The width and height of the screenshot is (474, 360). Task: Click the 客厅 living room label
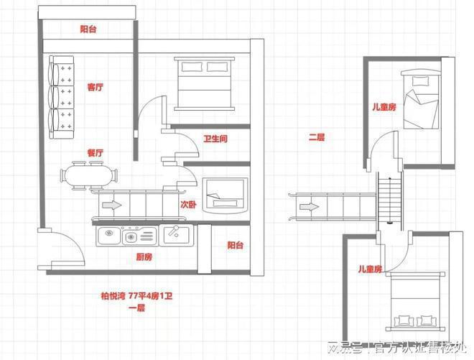tap(96, 87)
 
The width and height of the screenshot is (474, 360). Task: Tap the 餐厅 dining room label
tap(96, 153)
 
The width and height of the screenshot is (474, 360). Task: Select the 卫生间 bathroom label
tap(215, 139)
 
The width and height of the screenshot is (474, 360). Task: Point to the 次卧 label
tap(188, 205)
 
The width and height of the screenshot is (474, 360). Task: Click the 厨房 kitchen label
tap(144, 257)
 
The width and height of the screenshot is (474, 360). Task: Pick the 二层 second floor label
tap(317, 138)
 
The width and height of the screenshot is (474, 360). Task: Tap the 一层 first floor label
tap(136, 308)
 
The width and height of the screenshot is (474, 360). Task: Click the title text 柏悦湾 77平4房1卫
tap(136, 295)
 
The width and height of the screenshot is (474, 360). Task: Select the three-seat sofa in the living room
tap(61, 97)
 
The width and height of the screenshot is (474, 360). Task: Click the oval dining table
tap(88, 176)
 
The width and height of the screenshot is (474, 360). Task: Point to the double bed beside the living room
tap(205, 83)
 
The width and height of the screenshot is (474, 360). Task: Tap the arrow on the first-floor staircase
tap(112, 205)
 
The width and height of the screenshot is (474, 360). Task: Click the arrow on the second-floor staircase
tap(310, 207)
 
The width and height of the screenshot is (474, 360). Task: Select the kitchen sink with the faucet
tap(176, 236)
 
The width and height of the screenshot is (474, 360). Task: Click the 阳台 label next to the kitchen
tap(235, 245)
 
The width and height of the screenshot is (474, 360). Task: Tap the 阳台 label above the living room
tap(88, 29)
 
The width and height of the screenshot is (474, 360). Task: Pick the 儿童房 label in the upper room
tap(384, 107)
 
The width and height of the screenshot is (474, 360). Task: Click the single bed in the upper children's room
tap(421, 99)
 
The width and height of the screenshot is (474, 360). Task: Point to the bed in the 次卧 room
tap(226, 195)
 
